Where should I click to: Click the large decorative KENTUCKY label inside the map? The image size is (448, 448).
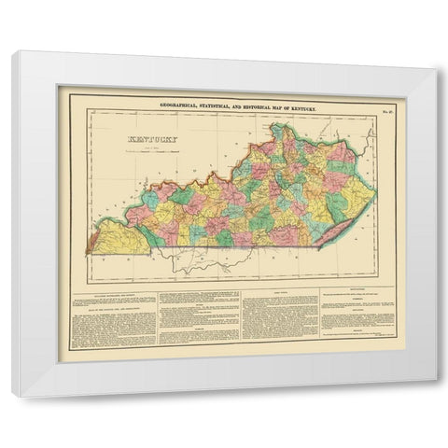point(137,147)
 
